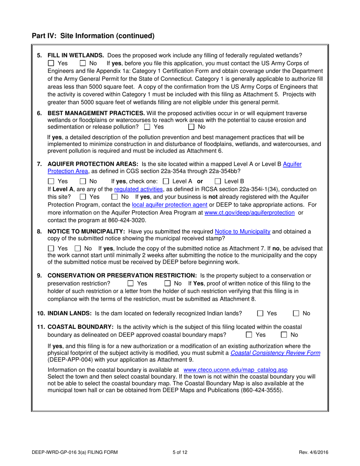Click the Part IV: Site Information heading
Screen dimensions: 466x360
pos(93,36)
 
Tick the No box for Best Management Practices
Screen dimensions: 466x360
pos(192,127)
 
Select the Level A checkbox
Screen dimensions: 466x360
pos(165,181)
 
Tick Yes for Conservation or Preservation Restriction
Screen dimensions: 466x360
pos(130,283)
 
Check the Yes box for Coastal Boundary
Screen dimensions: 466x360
pos(249,335)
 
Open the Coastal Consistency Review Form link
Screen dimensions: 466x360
pos(275,353)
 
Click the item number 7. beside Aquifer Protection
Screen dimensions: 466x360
pos(39,164)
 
